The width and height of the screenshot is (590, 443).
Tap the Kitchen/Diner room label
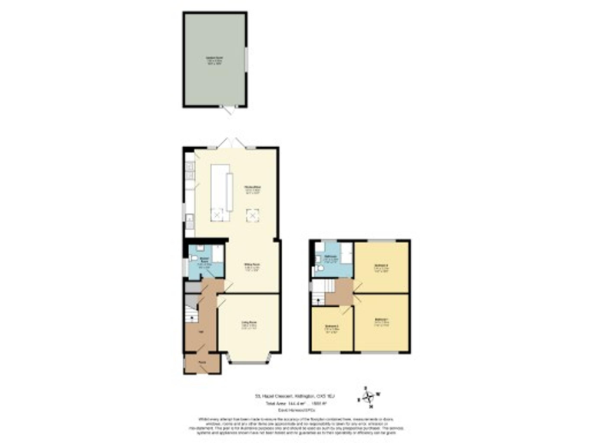click(250, 191)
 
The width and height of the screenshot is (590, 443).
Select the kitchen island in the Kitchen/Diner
click(221, 189)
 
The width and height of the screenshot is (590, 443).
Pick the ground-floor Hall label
click(201, 331)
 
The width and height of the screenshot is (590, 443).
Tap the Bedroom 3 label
click(331, 328)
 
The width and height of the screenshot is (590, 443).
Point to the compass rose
click(368, 396)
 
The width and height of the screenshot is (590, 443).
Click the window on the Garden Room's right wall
click(247, 62)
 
